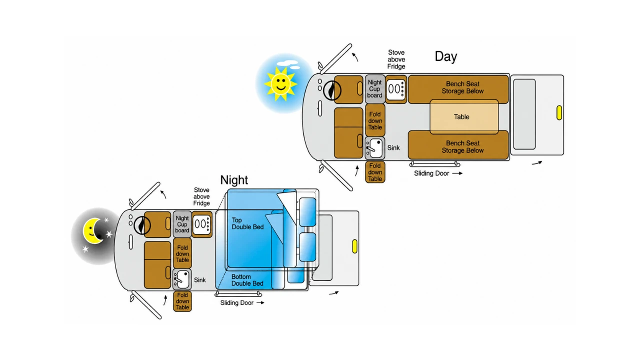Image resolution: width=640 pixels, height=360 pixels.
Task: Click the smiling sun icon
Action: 280,83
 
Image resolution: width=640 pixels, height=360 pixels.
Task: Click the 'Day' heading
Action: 445,56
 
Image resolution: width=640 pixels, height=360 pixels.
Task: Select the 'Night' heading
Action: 234,180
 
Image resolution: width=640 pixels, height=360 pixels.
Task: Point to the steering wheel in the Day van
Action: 332,90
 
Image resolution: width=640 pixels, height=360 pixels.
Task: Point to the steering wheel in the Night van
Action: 142,225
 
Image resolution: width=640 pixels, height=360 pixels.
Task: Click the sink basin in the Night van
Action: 182,279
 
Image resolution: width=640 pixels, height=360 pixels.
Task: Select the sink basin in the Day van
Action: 375,147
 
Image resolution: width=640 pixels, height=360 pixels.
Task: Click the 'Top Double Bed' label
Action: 247,223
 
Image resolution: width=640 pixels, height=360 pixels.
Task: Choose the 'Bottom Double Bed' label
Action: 247,280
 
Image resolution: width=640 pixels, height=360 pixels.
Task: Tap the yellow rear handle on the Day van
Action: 559,112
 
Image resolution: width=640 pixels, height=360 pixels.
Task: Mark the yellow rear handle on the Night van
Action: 354,246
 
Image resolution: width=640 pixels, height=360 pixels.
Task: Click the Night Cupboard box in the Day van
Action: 374,89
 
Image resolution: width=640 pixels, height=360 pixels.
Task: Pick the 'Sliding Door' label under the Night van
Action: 236,303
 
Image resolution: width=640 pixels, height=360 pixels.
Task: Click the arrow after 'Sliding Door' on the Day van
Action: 457,173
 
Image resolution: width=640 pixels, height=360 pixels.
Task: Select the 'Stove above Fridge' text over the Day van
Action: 396,59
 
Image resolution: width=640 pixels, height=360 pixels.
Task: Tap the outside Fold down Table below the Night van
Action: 182,301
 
